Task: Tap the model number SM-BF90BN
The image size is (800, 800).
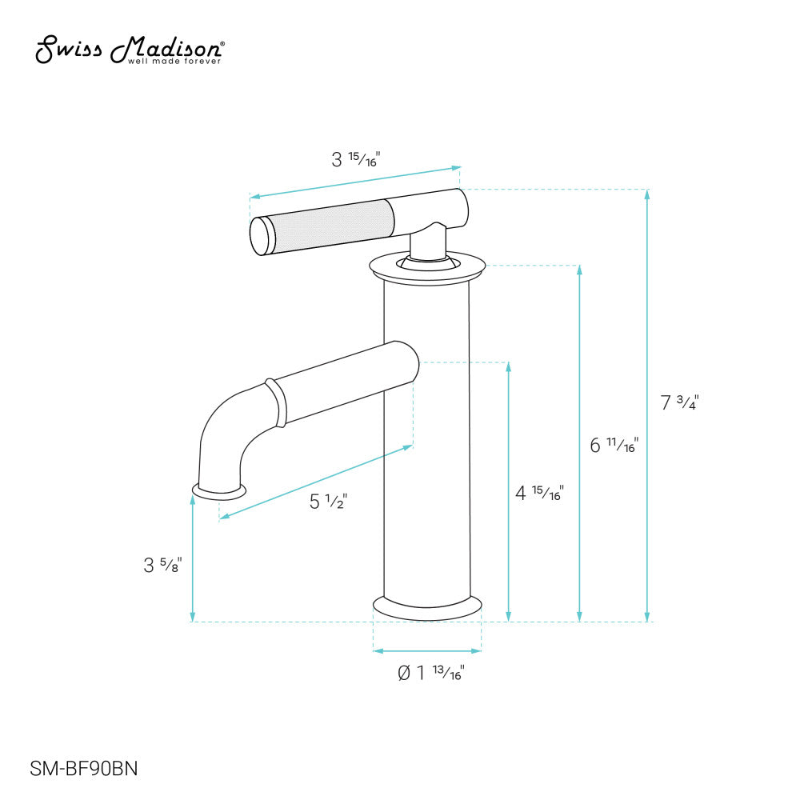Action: [x=84, y=769]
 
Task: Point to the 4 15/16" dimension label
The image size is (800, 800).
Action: [x=539, y=493]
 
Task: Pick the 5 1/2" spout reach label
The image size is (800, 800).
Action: [x=328, y=502]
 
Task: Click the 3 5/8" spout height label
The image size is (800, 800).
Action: [x=163, y=565]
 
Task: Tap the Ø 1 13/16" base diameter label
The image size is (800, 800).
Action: [x=430, y=673]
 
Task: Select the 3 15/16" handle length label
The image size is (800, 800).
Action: [x=355, y=159]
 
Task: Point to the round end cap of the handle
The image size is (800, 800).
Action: [x=261, y=237]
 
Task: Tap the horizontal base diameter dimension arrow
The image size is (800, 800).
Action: [x=427, y=650]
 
